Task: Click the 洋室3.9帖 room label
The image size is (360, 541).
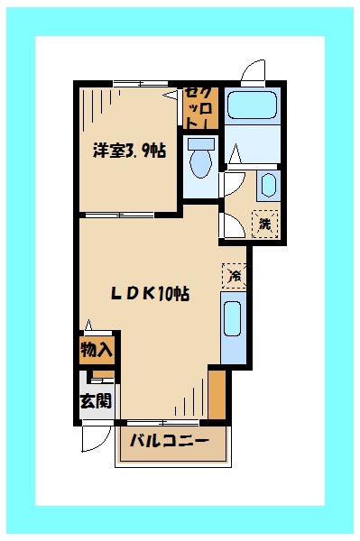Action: [128, 151]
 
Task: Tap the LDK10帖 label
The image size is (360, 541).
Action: [149, 293]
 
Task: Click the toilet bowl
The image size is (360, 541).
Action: [200, 163]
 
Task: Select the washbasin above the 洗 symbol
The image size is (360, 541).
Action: [268, 185]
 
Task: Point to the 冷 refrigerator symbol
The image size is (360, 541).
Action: [234, 275]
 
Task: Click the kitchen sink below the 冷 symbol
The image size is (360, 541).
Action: [232, 330]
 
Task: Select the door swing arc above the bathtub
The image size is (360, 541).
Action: [254, 72]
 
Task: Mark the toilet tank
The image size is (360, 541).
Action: [200, 144]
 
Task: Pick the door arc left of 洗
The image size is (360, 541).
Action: [231, 223]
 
